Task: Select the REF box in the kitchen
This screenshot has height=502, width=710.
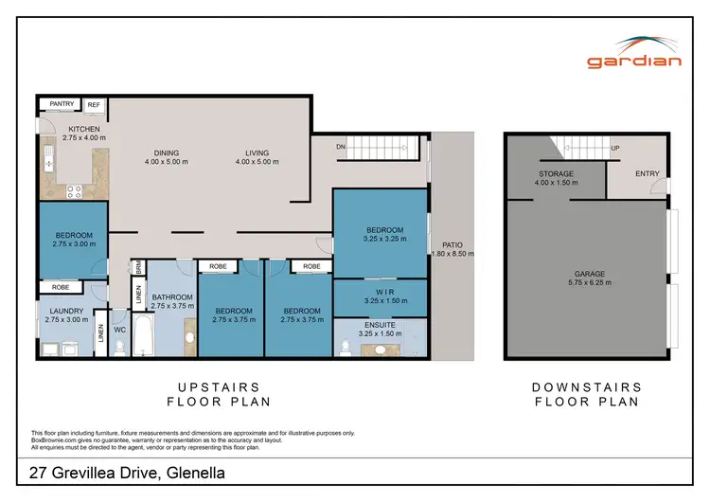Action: [x=95, y=105]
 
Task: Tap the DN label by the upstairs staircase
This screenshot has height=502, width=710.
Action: [x=341, y=147]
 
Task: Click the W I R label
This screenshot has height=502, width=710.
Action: [x=383, y=292]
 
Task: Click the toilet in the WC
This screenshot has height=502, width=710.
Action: [x=119, y=347]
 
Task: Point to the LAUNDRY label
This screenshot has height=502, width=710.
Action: [x=65, y=311]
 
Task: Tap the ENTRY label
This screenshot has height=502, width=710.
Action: [x=648, y=173]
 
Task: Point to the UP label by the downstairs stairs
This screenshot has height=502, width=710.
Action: [x=615, y=149]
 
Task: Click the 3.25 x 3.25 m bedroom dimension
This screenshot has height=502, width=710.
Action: [x=383, y=239]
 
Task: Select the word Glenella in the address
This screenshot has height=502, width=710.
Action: [x=194, y=474]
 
